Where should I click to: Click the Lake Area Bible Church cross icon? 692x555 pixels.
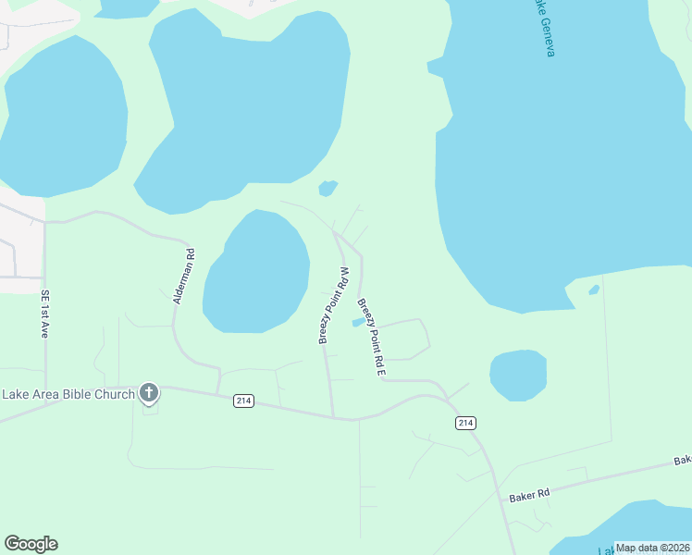[148, 393]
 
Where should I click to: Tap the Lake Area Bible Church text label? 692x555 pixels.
[68, 394]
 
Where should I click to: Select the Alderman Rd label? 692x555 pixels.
[183, 276]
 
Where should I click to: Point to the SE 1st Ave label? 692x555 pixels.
[43, 314]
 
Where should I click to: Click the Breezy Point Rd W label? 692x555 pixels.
[333, 305]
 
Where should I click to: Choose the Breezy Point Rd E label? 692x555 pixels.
[371, 337]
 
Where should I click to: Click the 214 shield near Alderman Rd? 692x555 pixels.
[243, 401]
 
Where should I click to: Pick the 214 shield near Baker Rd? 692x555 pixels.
[465, 423]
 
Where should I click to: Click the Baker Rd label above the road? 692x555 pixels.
[529, 494]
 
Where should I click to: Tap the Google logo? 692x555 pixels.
[31, 544]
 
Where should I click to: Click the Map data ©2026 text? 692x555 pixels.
[651, 548]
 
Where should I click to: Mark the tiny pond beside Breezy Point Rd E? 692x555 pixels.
[357, 323]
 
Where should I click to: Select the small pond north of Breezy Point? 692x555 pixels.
[327, 189]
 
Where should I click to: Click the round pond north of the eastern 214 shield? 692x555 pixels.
[518, 375]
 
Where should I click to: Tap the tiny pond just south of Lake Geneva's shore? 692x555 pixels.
[594, 290]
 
